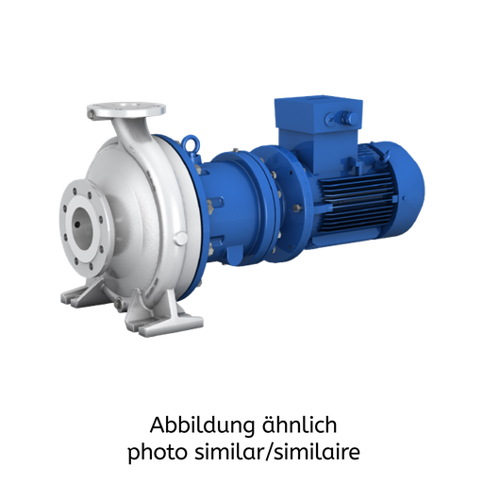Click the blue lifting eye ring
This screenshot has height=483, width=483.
click(x=192, y=143)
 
